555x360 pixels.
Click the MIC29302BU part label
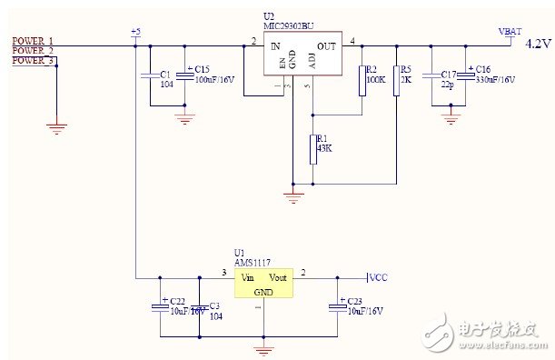(288, 25)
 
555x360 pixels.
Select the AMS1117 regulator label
(253, 261)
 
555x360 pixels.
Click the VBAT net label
(510, 31)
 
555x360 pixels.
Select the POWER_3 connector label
(33, 61)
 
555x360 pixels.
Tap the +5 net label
(135, 33)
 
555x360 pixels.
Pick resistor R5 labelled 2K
(396, 80)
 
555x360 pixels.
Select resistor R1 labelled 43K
(313, 149)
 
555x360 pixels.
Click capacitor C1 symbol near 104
(150, 76)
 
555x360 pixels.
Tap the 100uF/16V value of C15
(214, 80)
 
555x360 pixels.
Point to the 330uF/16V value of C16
(495, 80)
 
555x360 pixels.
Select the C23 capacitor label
(354, 301)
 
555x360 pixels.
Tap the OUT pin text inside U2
(327, 45)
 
